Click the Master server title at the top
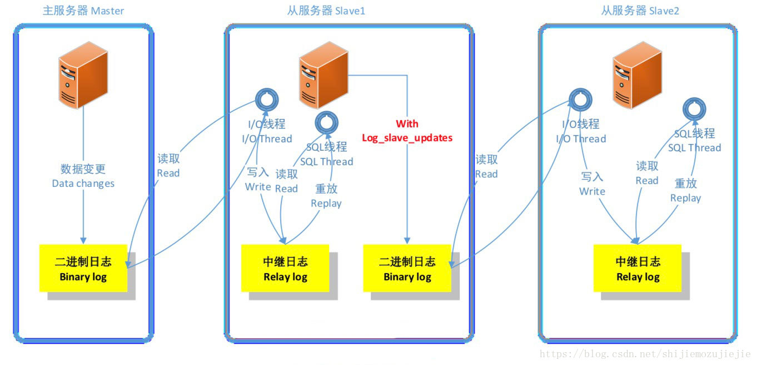point(83,11)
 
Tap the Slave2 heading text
point(640,11)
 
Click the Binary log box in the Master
point(83,268)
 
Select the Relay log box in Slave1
point(285,268)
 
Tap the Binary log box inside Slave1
point(407,268)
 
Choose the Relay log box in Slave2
point(638,268)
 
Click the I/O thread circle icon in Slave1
point(266,100)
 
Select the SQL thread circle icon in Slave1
point(327,122)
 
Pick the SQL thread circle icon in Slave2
point(694,108)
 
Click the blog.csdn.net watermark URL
point(645,354)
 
